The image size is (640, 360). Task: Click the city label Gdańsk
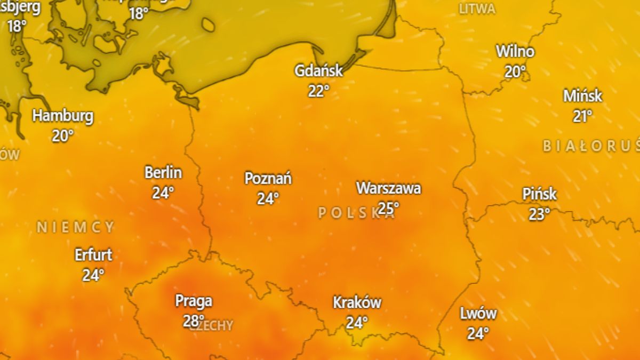pos(318,70)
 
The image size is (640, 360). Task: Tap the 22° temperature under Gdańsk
pos(318,91)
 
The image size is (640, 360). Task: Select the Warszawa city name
pos(388,188)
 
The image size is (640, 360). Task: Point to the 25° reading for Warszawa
pos(388,207)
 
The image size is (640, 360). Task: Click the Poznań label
pos(268,178)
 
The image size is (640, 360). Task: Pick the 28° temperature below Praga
pos(194,321)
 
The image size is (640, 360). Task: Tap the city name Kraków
pos(357,302)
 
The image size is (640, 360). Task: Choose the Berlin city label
pos(163,173)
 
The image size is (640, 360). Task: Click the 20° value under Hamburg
pos(63,136)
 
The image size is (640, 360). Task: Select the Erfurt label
pos(93,255)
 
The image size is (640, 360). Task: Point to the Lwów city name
pos(478,314)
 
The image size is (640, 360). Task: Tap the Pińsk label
pos(539,194)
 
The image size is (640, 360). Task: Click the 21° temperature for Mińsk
pos(582,116)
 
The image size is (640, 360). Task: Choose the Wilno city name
pos(515,52)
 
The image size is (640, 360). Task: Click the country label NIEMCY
pos(75,227)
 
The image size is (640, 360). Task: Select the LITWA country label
pos(477,9)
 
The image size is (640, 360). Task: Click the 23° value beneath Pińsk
pos(539,214)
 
